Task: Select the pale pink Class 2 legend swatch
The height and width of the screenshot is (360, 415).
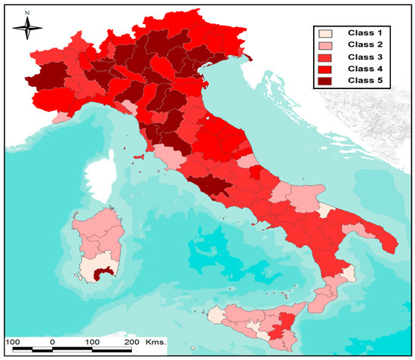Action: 324,46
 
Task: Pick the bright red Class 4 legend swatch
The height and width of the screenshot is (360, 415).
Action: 324,69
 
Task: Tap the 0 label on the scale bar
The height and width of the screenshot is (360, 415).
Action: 52,341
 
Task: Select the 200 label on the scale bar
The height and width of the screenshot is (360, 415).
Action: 131,341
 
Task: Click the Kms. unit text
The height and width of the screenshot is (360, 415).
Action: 155,341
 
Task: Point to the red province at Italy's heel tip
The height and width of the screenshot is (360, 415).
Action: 389,245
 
